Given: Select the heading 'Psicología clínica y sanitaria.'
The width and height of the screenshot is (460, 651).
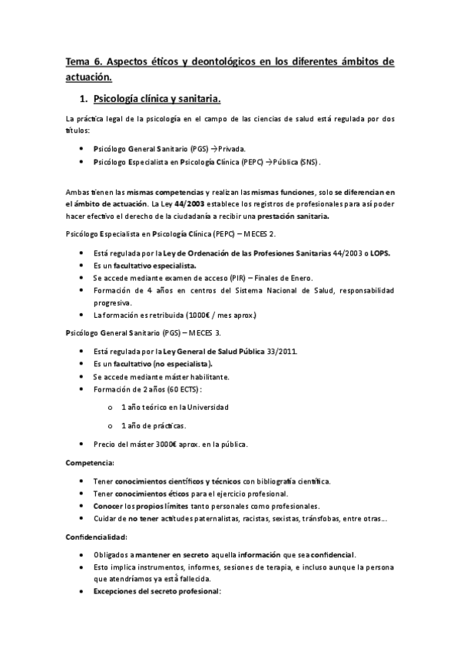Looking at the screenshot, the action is click(157, 99).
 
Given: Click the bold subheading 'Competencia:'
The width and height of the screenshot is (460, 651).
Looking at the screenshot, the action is click(91, 463).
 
